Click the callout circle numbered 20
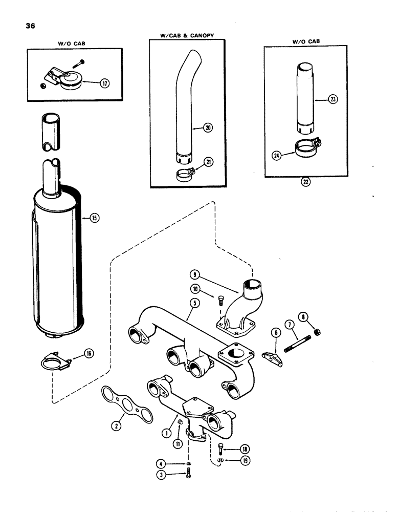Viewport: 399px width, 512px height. pos(208,128)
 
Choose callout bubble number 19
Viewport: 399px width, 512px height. pos(239,461)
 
